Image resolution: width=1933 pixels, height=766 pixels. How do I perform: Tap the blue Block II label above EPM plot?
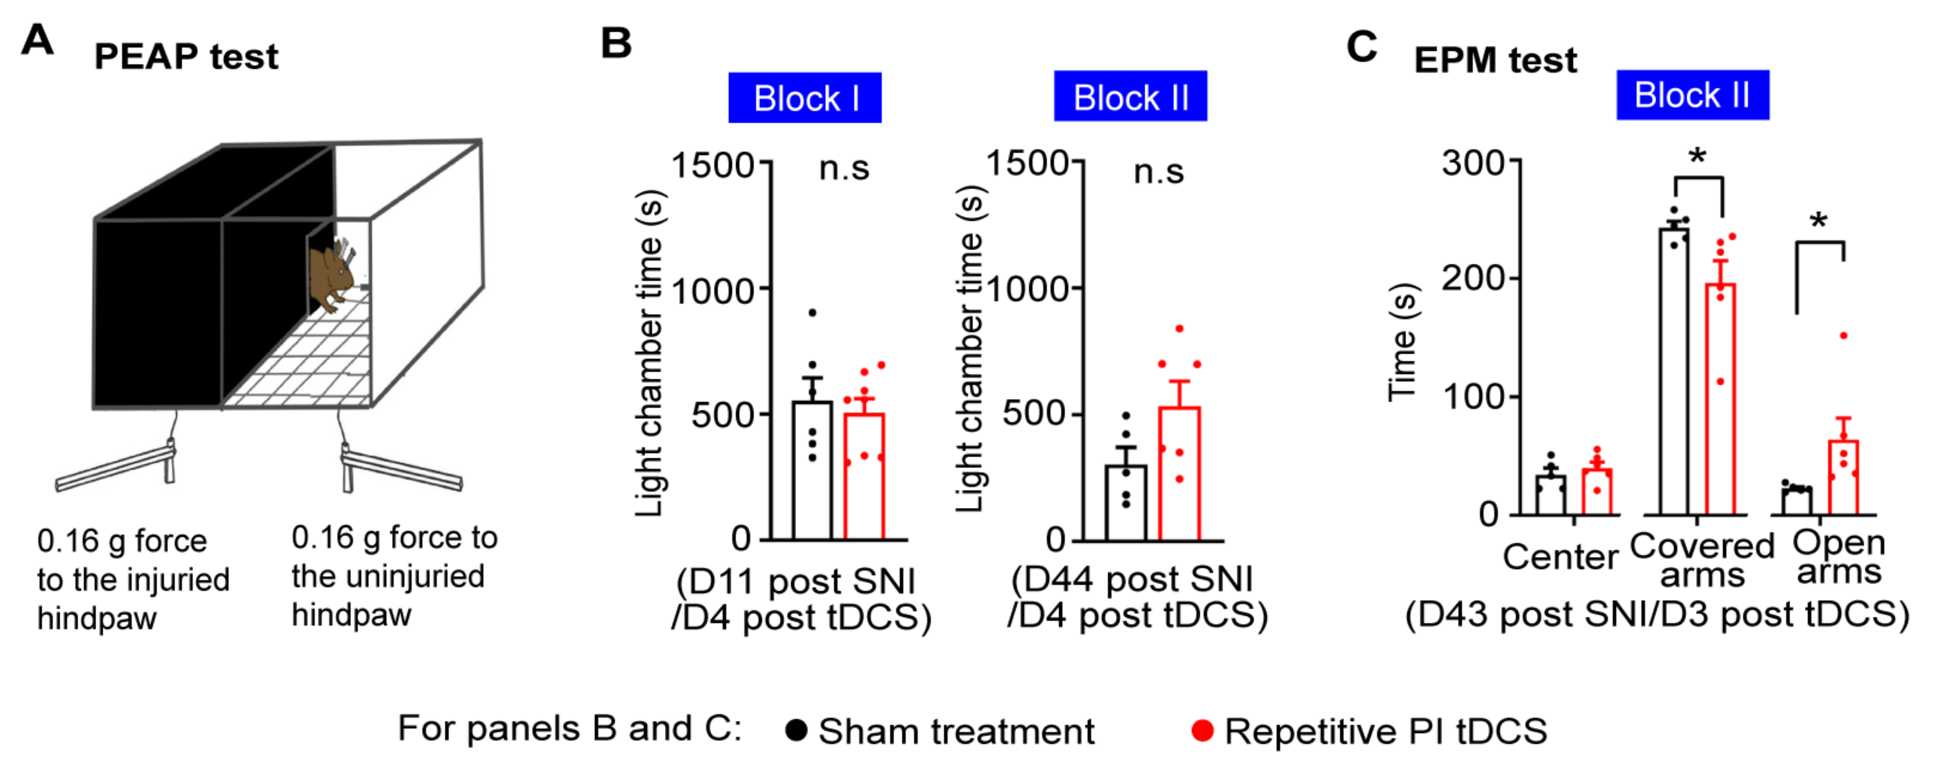pos(1692,96)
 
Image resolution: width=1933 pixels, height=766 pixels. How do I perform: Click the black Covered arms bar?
pos(1674,371)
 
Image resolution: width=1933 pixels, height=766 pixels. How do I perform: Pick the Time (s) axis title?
pos(1401,342)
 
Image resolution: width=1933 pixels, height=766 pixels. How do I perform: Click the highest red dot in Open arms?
pos(1844,335)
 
